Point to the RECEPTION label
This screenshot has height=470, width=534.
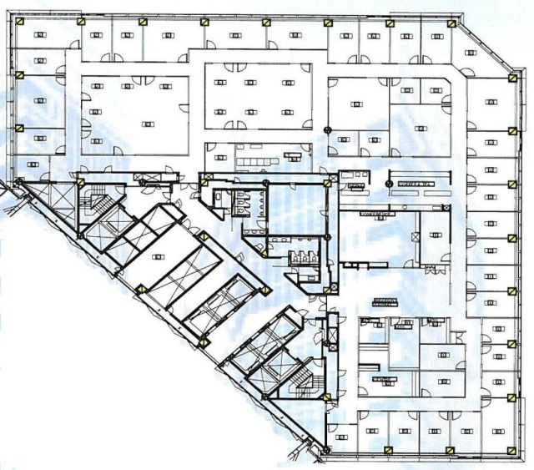click(x=385, y=303)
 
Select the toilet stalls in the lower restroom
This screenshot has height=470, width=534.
click(x=303, y=257)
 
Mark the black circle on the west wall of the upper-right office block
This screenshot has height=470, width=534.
click(x=328, y=127)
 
